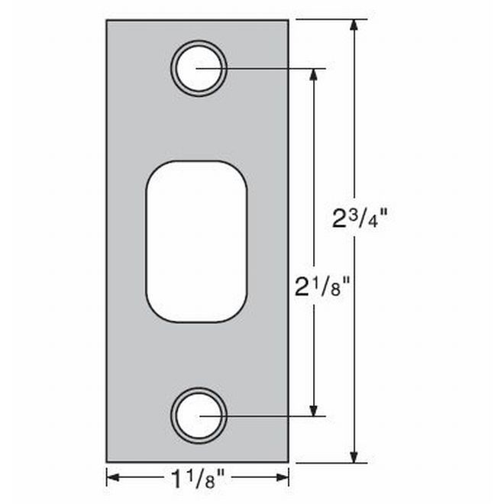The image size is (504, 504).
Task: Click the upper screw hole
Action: tap(199, 68)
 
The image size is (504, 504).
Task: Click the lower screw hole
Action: tap(199, 415)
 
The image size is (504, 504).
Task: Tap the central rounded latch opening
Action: tap(197, 241)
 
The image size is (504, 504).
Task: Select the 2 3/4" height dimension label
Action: tap(360, 219)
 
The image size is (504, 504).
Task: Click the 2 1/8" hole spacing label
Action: tap(322, 287)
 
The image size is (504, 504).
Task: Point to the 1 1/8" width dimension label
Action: tap(197, 480)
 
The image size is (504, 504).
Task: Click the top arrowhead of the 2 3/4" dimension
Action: tap(354, 25)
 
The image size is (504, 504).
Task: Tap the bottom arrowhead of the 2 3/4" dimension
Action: tap(354, 457)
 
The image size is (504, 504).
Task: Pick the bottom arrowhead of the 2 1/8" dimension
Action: tap(313, 410)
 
